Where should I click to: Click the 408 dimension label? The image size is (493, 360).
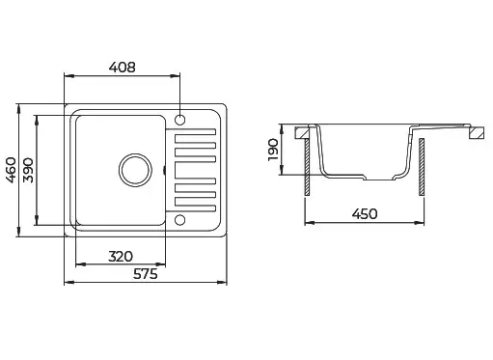click(x=123, y=68)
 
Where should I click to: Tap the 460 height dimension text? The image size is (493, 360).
click(x=12, y=170)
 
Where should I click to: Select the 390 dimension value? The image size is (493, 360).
click(x=28, y=170)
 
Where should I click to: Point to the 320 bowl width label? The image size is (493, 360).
click(x=121, y=257)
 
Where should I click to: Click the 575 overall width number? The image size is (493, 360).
click(x=146, y=274)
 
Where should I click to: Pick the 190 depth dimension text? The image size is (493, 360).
click(x=273, y=150)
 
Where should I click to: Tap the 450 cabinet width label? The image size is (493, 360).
click(x=365, y=214)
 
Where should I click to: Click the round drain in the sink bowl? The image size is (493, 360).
click(x=135, y=170)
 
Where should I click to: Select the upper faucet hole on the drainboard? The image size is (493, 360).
click(x=179, y=120)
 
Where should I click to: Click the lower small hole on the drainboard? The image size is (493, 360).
click(x=179, y=220)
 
